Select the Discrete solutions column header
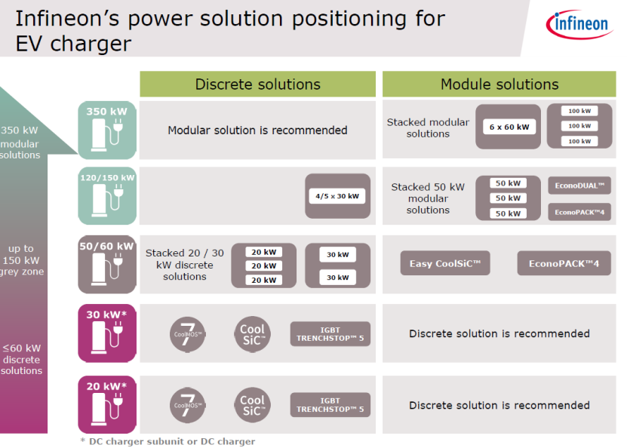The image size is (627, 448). coord(257,84)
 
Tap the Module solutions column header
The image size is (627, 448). coord(499,84)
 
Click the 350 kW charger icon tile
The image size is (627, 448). coord(107,129)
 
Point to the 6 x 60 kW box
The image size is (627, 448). coord(510,127)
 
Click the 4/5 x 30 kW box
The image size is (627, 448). coord(337,196)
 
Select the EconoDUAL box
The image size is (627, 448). coord(579,185)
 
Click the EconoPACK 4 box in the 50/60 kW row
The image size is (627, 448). coord(564,264)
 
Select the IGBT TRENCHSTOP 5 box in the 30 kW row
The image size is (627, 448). coord(330,333)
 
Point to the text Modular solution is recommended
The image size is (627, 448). coord(257,130)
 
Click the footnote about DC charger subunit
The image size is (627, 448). coord(168,441)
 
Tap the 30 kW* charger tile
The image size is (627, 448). coord(107,333)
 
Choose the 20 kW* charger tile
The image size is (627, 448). coord(107,404)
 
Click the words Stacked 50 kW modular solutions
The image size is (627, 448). coord(428,198)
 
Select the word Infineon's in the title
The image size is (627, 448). coord(61,18)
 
